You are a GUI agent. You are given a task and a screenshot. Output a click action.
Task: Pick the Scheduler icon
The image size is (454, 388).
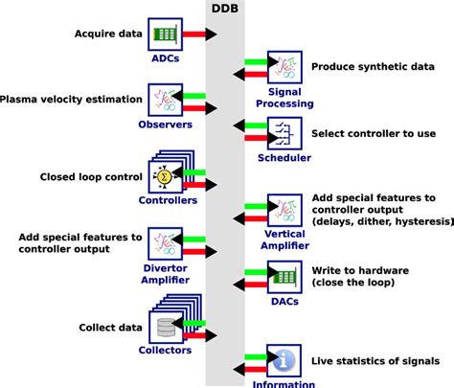coord(284,132)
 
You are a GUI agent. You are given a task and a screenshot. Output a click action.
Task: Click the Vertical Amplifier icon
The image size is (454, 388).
coord(284,209)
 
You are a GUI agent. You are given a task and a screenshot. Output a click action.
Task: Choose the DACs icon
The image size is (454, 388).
coord(284,276)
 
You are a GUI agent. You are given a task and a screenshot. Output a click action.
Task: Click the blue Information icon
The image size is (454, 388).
coord(284,362)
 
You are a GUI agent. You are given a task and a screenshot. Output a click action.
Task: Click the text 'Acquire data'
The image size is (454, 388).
coord(107,35)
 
